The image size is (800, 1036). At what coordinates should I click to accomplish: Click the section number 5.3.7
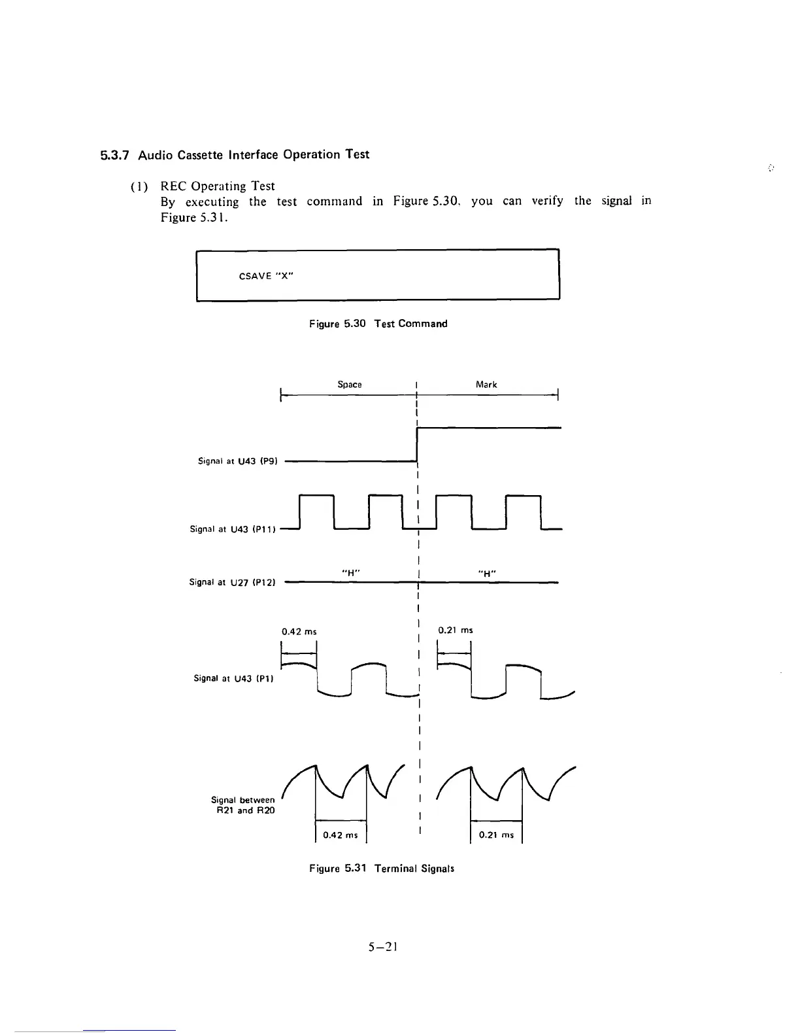tap(114, 155)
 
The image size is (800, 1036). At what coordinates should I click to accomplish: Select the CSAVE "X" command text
tap(266, 276)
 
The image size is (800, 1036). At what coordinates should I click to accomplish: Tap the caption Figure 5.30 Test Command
tap(378, 324)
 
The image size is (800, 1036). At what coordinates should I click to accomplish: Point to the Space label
tap(350, 385)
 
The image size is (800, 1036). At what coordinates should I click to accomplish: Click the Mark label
tap(486, 385)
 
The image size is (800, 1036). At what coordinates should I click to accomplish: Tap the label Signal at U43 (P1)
tap(233, 678)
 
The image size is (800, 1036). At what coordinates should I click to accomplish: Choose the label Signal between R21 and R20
tap(243, 805)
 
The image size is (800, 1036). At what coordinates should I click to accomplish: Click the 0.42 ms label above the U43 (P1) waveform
tap(299, 632)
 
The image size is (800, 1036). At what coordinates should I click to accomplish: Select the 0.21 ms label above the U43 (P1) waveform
tap(456, 630)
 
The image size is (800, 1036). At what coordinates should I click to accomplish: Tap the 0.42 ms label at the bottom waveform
tap(341, 835)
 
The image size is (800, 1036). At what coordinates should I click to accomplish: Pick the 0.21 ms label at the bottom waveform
tap(496, 835)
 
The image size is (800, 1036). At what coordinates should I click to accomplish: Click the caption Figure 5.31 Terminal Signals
tap(382, 869)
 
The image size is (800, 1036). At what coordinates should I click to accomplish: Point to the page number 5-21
tap(384, 946)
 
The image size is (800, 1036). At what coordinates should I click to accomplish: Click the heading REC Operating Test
tap(218, 186)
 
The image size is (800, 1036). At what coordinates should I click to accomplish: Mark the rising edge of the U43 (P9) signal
tap(417, 445)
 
